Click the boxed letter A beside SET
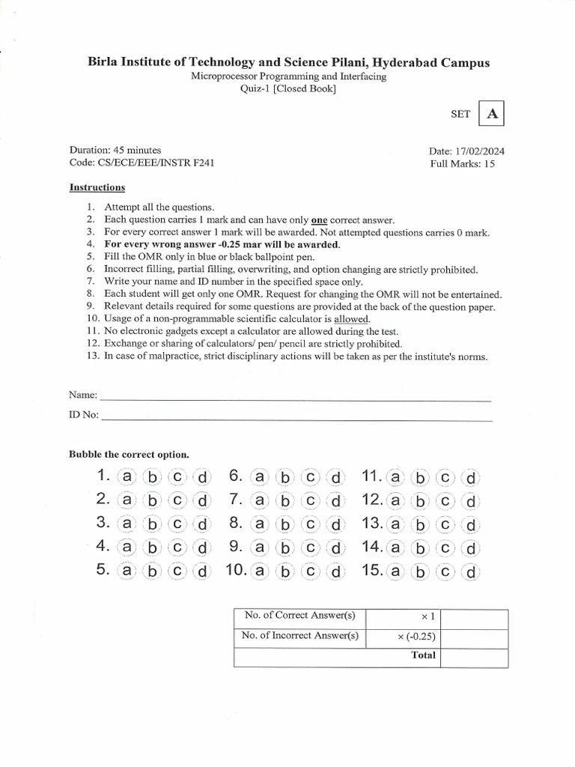pyautogui.click(x=492, y=114)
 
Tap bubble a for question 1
pyautogui.click(x=128, y=476)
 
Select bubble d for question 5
pyautogui.click(x=201, y=572)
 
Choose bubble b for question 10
pyautogui.click(x=285, y=572)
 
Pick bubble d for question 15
pyautogui.click(x=471, y=572)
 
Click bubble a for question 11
pyautogui.click(x=395, y=476)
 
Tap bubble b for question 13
pyautogui.click(x=420, y=524)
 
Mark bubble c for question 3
pyautogui.click(x=177, y=524)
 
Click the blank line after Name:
pyautogui.click(x=295, y=396)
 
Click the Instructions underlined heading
pyautogui.click(x=97, y=187)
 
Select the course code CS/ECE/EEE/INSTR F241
pyautogui.click(x=145, y=162)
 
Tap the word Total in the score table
pyautogui.click(x=423, y=655)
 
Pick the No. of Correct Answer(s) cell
pyautogui.click(x=299, y=616)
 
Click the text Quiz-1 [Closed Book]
pyautogui.click(x=287, y=89)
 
